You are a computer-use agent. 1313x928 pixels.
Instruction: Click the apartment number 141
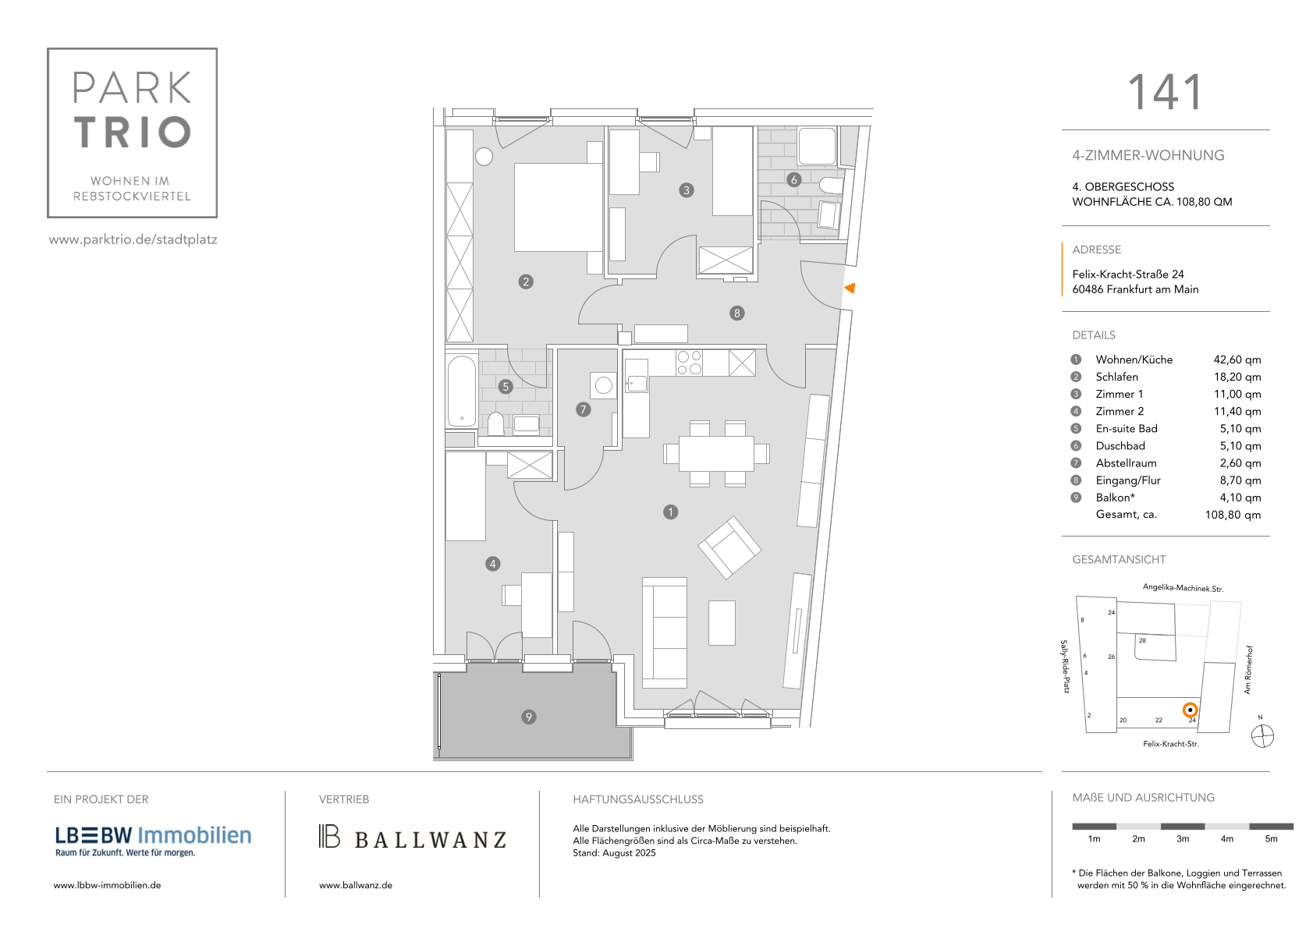coord(1165,92)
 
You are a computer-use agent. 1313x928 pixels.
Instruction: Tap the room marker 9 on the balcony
coord(529,717)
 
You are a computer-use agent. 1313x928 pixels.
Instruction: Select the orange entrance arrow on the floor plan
coord(850,288)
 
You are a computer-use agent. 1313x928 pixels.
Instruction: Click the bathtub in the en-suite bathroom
coord(462,391)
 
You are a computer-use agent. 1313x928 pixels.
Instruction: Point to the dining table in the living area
coord(716,453)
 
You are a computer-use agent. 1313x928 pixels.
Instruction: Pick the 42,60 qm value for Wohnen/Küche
coord(1237,360)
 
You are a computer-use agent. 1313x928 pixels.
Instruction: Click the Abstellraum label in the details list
coord(1126,463)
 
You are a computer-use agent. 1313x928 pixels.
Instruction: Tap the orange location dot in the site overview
coord(1190,710)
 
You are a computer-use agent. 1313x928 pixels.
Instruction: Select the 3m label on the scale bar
coord(1183,839)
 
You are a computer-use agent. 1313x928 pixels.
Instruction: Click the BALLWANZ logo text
coord(430,840)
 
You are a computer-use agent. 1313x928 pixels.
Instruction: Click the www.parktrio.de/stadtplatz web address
coord(133,239)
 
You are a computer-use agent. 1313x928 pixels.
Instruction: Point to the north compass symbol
coord(1262,735)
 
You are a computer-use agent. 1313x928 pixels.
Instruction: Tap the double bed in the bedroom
coord(558,207)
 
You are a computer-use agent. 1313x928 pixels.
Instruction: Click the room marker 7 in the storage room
coord(584,409)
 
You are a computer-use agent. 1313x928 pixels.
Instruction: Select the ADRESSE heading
coord(1096,250)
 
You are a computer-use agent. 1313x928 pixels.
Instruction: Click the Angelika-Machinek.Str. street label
coord(1183,588)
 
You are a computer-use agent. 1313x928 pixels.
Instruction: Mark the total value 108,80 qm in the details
coord(1233,515)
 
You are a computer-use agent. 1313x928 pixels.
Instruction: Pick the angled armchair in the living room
coord(729,547)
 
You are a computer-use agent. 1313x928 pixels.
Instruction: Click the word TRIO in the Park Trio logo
coord(133,133)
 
